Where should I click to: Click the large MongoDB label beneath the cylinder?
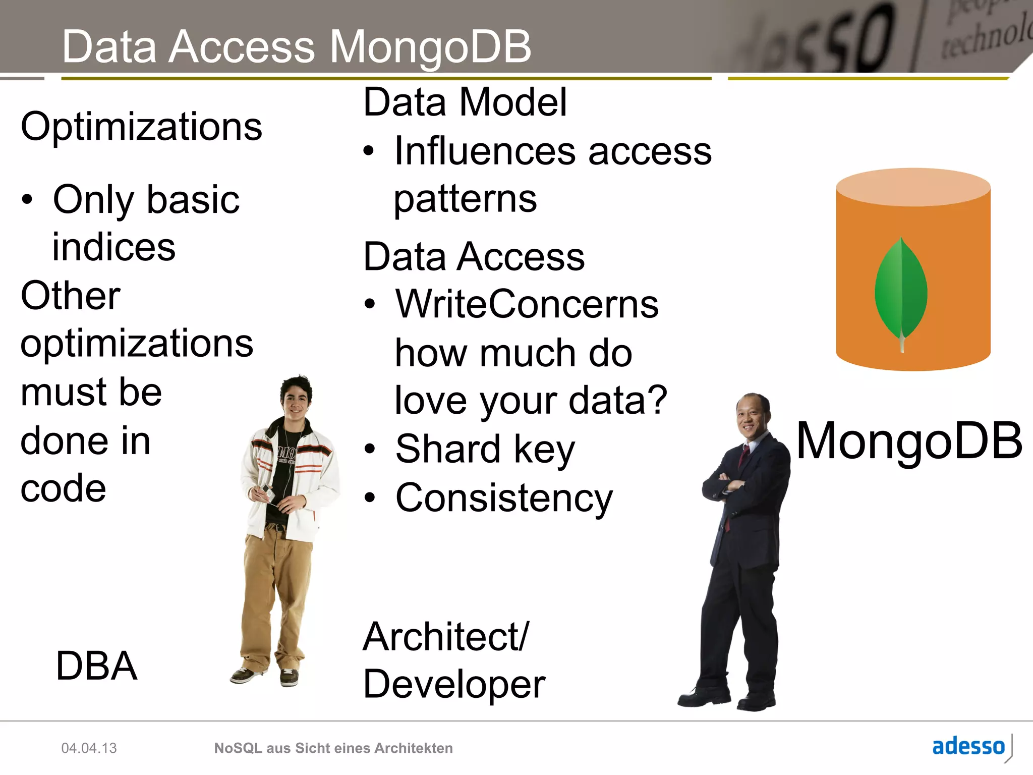[x=909, y=441]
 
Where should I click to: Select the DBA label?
[x=96, y=666]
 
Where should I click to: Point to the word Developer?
[x=454, y=685]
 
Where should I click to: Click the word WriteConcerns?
[x=527, y=304]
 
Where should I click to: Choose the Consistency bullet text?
[x=504, y=498]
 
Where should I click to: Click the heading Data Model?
[x=465, y=102]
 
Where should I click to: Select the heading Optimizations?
[x=141, y=127]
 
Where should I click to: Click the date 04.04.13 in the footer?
[x=89, y=748]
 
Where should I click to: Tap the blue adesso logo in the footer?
[x=968, y=746]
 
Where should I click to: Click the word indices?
[x=114, y=247]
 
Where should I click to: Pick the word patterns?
[x=465, y=199]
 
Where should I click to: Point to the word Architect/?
[x=446, y=637]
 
